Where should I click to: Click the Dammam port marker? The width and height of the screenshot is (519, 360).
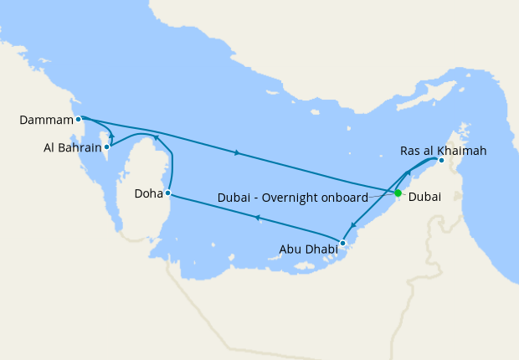[x=78, y=119]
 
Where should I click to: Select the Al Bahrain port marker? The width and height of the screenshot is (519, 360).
[x=106, y=147]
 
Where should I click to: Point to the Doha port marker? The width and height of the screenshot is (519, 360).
[x=168, y=193]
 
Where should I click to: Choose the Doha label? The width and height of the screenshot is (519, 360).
[x=148, y=194]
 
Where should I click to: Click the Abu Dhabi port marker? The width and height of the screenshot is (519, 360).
[x=342, y=243]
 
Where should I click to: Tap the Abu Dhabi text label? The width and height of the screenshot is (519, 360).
[x=308, y=249]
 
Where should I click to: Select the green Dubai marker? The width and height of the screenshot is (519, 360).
[x=398, y=193]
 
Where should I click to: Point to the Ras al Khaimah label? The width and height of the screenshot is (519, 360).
[x=443, y=151]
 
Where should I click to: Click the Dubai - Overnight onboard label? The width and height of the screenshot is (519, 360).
[x=292, y=198]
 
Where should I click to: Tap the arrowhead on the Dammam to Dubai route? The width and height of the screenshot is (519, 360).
[x=239, y=153]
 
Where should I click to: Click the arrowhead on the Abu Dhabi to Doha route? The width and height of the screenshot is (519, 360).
[x=257, y=219]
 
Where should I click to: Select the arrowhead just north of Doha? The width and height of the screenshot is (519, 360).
[x=156, y=136]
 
